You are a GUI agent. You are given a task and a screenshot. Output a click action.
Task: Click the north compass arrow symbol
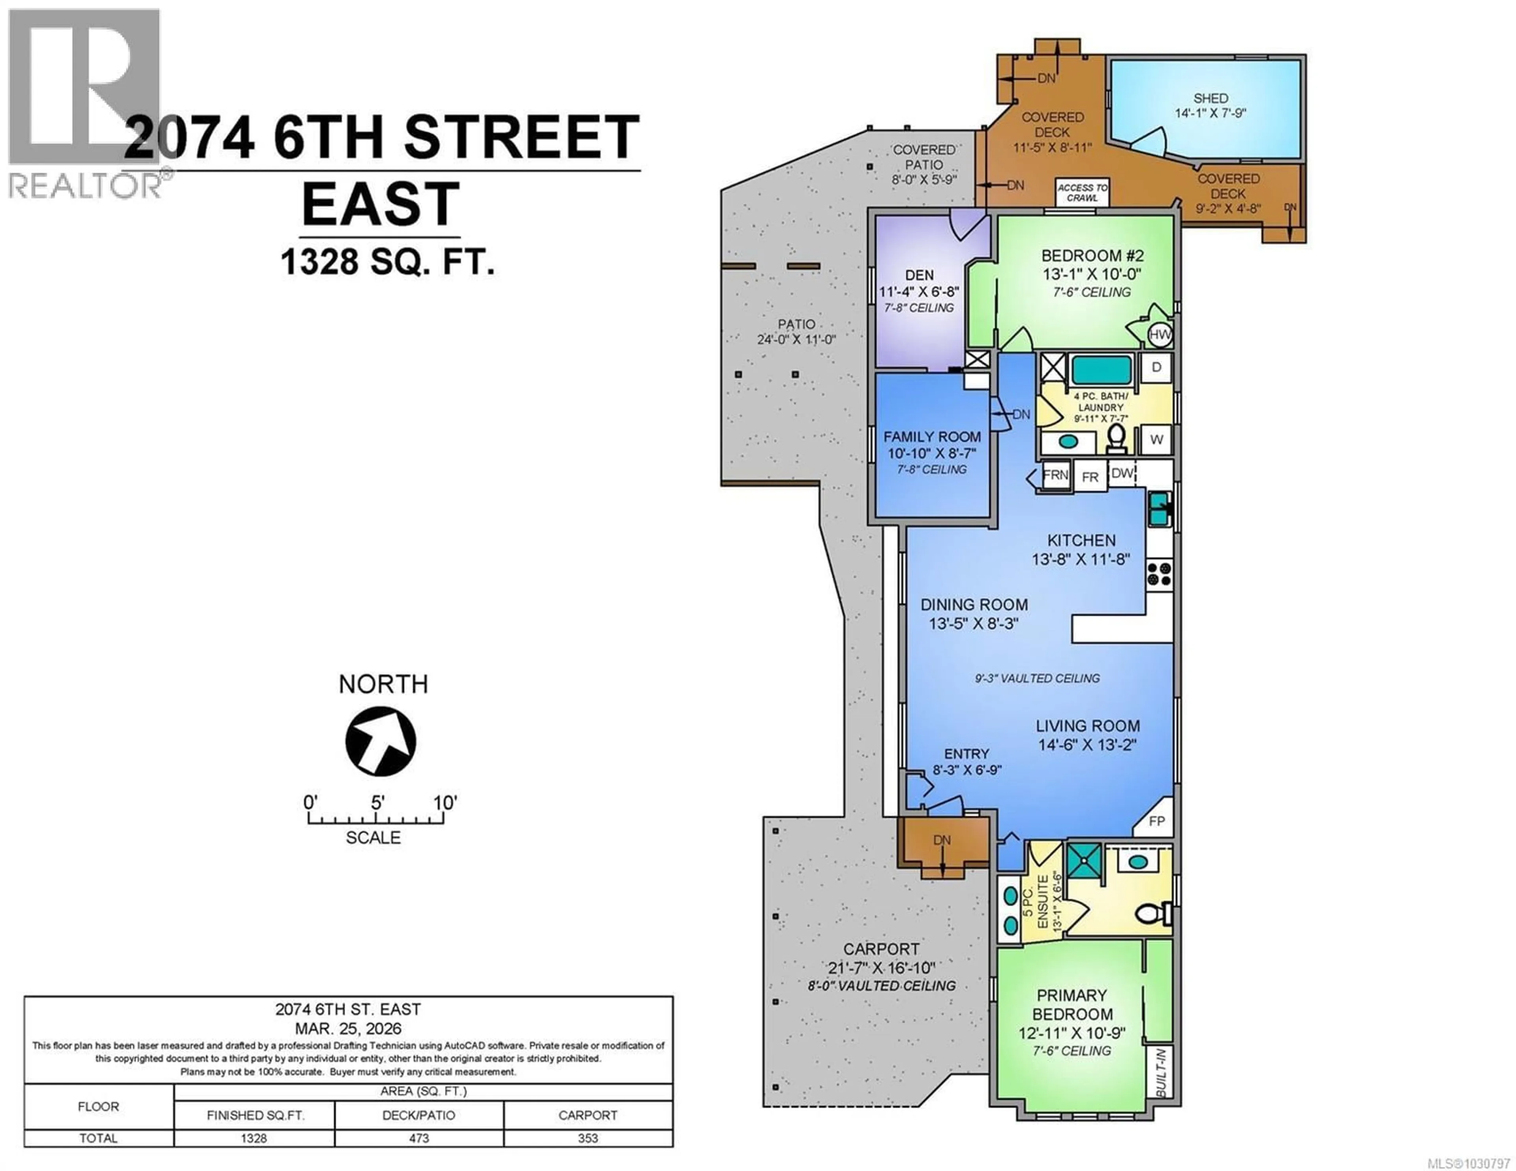tap(381, 741)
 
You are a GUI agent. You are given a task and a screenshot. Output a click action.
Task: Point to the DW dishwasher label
tap(1122, 473)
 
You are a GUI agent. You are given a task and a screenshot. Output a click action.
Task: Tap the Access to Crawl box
tap(1082, 192)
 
